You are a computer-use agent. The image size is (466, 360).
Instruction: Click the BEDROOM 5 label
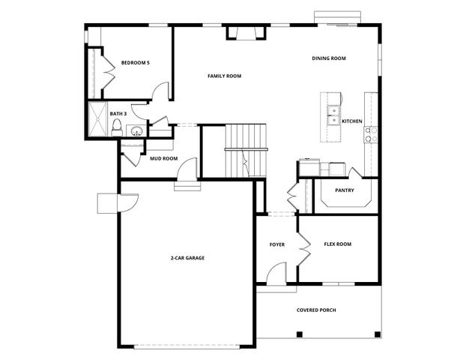[136, 62]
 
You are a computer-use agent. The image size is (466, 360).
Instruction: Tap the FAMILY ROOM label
[224, 76]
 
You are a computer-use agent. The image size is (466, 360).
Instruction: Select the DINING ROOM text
[329, 58]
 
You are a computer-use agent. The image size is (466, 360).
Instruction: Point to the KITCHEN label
[352, 121]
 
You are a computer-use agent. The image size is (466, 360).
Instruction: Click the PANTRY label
[345, 190]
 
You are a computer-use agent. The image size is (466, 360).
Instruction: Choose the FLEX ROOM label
[337, 244]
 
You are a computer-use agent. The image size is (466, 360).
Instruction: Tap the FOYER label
[277, 245]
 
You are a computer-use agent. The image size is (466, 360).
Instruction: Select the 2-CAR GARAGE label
[187, 258]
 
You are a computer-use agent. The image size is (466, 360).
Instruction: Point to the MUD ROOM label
[163, 159]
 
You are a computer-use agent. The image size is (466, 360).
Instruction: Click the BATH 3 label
[118, 114]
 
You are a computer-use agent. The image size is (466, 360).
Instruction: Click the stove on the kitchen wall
[370, 134]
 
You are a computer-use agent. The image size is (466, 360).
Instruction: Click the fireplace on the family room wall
[245, 32]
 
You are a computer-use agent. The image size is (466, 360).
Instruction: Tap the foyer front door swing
[277, 274]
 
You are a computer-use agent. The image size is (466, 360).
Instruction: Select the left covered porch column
[299, 333]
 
